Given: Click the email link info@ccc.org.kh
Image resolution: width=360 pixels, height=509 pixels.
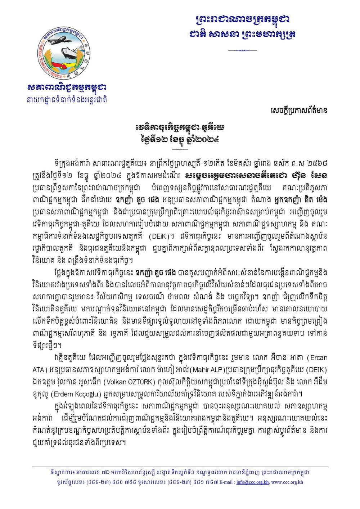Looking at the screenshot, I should (x=252, y=482).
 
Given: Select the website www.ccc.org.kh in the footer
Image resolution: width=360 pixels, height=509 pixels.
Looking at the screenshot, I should (x=287, y=482).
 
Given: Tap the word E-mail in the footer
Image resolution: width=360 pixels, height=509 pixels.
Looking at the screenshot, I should (x=226, y=482).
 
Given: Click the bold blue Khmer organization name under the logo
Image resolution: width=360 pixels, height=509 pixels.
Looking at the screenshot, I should (x=67, y=88).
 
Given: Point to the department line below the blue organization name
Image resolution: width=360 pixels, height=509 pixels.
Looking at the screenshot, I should (x=67, y=100).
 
